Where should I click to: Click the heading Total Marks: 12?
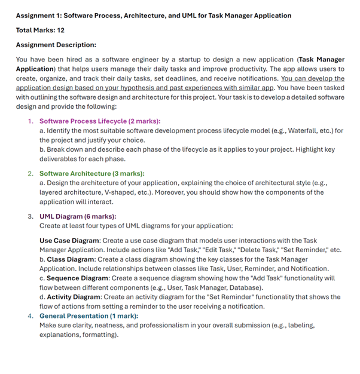40,30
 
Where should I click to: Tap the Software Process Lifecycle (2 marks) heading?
99,121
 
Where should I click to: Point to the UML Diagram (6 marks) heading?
78,216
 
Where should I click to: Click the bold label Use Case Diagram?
69,241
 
